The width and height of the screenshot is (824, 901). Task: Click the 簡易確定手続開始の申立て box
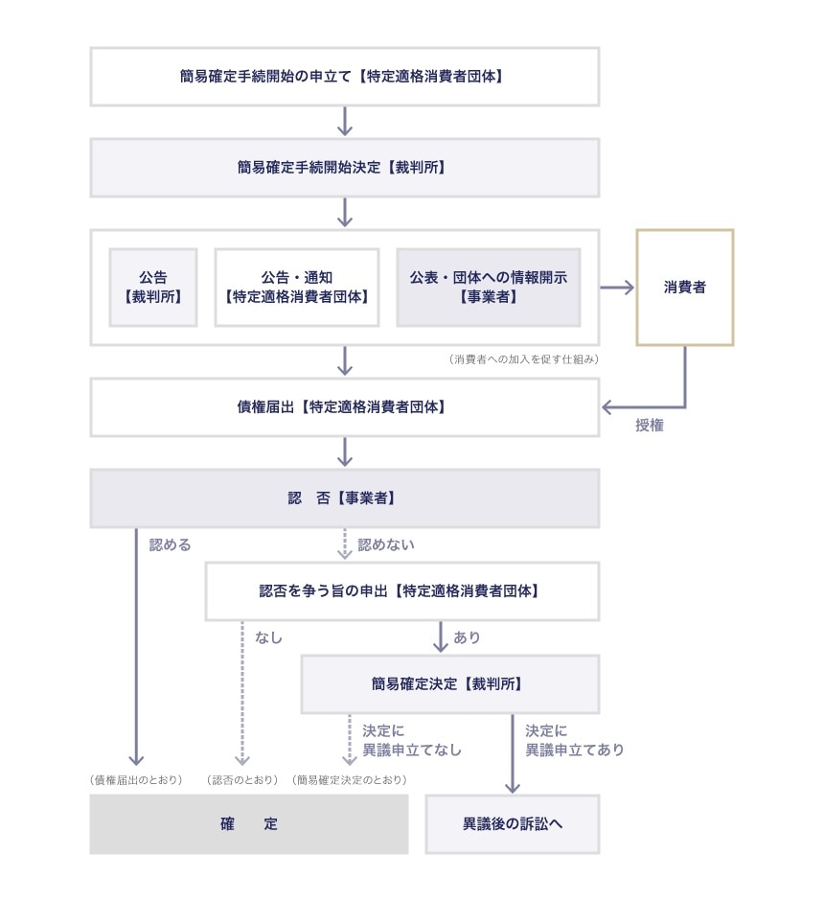pos(344,76)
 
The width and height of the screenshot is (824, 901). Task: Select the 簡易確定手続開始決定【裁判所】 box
pos(344,168)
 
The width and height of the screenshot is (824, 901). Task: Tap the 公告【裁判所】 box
pos(153,287)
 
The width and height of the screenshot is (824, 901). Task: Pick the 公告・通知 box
pos(297,287)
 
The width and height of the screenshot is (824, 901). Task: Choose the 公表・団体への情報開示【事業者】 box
pos(489,287)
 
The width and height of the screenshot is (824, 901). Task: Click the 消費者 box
pos(685,287)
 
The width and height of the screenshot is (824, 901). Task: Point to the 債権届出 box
pos(344,406)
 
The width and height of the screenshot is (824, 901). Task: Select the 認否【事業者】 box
pos(344,498)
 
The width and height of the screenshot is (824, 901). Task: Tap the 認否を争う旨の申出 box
pos(401,590)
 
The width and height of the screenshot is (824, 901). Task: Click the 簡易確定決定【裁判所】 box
pos(449,683)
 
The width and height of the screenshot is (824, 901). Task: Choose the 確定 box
pos(248,823)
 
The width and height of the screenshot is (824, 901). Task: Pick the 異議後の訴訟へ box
pos(512,823)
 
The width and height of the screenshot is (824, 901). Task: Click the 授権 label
pos(650,426)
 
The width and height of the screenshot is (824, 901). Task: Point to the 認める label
pos(171,545)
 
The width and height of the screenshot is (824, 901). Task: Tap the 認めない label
pos(386,545)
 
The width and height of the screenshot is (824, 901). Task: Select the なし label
pos(269,637)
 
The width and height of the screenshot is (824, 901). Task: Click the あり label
pos(467,637)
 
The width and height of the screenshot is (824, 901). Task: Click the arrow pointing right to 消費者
pos(618,287)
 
